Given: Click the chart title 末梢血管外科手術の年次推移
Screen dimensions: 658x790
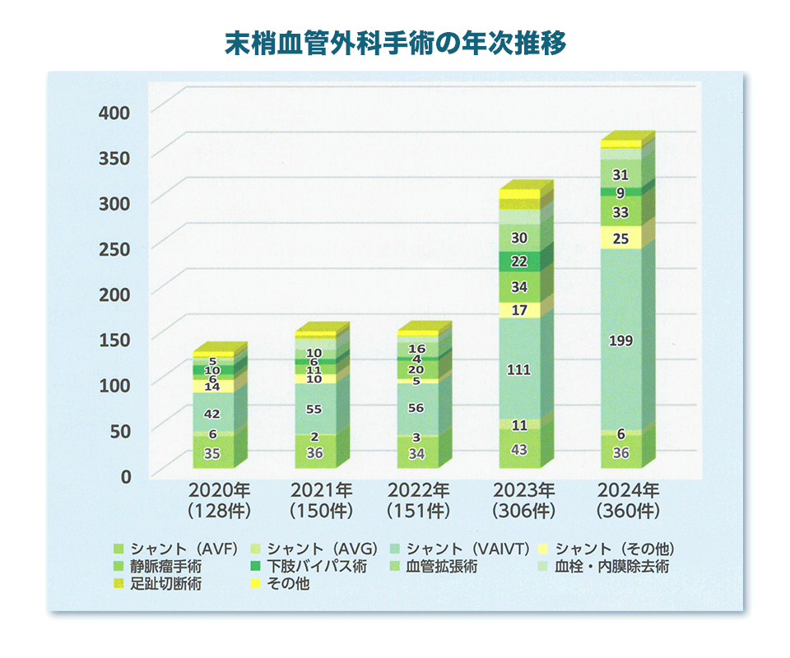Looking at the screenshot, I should (396, 44).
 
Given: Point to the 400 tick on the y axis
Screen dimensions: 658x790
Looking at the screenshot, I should (114, 112).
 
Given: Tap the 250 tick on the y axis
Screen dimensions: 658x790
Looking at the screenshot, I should (114, 248).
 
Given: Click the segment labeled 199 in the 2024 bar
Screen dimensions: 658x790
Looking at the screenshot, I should (621, 341).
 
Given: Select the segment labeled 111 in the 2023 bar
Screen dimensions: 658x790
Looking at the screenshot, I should (519, 370).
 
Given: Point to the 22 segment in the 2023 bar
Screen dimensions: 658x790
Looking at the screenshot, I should (519, 262).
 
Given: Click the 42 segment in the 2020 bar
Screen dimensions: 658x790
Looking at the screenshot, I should (213, 414).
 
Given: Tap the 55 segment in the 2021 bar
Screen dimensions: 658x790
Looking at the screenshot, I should (314, 409).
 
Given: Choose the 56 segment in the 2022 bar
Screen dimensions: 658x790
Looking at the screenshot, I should (416, 408).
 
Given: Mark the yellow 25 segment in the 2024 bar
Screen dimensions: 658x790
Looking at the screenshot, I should (621, 239).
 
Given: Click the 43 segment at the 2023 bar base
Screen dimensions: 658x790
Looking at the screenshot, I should (519, 449).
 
